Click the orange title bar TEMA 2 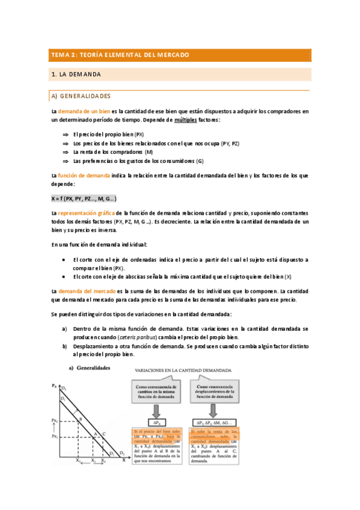tap(180, 55)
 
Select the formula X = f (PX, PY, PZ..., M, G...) tap(84, 198)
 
